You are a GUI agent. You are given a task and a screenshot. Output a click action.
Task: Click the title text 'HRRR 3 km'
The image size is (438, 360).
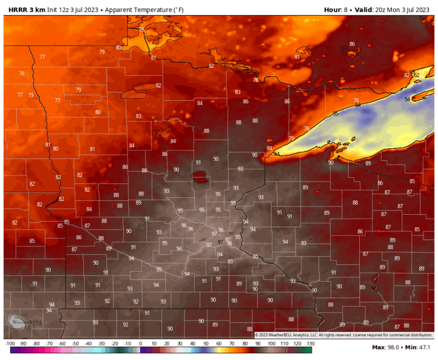[26, 10]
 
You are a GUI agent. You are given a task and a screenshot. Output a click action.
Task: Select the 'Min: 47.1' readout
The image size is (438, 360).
[417, 347]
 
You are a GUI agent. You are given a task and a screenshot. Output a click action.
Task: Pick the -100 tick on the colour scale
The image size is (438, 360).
[10, 344]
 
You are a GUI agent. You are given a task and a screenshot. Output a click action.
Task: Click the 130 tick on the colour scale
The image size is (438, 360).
[310, 344]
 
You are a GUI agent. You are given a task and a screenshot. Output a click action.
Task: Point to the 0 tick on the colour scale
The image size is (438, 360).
[140, 344]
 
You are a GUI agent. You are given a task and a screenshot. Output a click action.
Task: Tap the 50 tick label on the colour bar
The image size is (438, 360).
[206, 344]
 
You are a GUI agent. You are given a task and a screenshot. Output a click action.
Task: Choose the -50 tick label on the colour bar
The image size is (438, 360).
[75, 344]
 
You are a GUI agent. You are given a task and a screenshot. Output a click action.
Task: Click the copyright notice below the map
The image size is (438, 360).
[344, 336]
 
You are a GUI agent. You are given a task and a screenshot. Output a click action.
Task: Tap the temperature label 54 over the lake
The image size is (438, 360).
[407, 99]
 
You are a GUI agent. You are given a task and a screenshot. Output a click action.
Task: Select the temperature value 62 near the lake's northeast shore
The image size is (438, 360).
[416, 75]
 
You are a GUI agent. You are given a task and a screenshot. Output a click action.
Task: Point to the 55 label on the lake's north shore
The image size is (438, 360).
[335, 113]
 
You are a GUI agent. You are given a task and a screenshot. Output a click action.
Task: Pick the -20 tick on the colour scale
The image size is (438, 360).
[114, 344]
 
